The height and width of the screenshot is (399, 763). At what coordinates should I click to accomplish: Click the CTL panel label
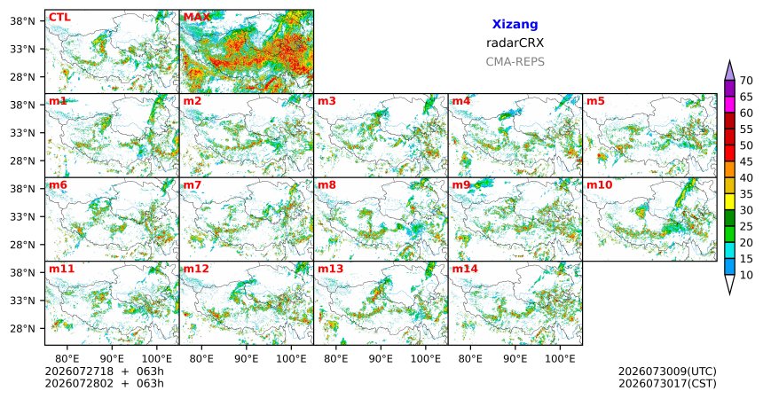[59, 18]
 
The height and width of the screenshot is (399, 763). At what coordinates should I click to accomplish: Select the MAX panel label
[197, 18]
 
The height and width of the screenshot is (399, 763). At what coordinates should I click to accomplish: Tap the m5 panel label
[595, 101]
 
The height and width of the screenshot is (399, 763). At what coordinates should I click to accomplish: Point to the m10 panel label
[600, 185]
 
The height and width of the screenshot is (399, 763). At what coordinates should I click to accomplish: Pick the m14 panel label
[465, 269]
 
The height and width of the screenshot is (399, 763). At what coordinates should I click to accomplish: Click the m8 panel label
[327, 185]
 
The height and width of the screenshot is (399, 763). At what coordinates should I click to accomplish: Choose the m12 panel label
[197, 269]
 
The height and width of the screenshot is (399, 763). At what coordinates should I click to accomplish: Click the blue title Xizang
[515, 24]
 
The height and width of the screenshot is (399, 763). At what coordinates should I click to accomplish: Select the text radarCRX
[515, 43]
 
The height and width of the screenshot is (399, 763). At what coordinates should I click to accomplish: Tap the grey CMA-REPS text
[515, 62]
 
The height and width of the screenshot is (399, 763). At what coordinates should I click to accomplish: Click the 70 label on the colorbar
[746, 81]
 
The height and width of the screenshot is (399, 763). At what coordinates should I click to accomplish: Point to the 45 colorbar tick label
[746, 161]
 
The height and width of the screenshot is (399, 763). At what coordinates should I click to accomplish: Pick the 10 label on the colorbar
[746, 275]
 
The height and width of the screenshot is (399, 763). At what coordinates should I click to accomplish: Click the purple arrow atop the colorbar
[729, 71]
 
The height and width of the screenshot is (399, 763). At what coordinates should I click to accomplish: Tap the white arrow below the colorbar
[729, 284]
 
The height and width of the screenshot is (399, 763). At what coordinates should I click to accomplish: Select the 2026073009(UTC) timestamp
[667, 372]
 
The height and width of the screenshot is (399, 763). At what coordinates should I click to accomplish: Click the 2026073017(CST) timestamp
[667, 383]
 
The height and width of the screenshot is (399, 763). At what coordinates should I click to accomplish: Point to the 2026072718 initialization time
[79, 372]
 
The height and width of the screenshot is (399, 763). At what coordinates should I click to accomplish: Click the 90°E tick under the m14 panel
[515, 358]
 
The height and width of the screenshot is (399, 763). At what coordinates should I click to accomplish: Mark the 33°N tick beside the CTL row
[22, 49]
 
